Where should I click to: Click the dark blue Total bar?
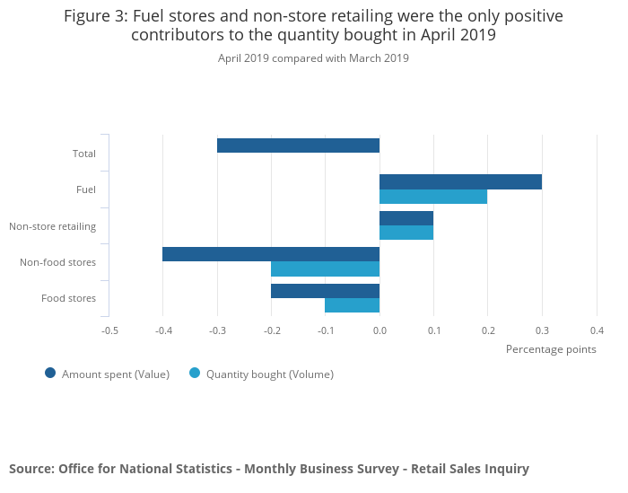coord(298,145)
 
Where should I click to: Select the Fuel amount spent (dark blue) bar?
coord(460,182)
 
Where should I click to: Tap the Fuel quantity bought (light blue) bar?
coord(433,197)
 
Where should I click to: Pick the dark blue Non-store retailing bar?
coord(406,218)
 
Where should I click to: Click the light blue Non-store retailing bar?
coord(406,233)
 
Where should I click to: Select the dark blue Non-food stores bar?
coord(271,254)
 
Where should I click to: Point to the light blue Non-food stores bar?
coord(325,269)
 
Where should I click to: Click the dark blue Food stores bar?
coord(325,291)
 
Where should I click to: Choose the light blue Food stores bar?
coord(352,305)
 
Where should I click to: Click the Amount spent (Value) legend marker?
coord(50,374)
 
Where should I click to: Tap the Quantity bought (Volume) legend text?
coord(269,374)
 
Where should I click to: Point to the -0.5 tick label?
coord(109,330)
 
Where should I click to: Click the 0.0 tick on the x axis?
coord(379,330)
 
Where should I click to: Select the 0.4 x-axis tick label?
coord(597,330)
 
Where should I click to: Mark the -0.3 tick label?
coord(217,330)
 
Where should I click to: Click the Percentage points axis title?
coord(551,349)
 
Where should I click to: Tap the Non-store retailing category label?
coord(52,225)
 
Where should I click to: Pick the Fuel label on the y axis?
coord(86,189)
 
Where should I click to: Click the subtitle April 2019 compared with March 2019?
coord(313,58)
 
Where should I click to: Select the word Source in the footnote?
coord(31,469)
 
